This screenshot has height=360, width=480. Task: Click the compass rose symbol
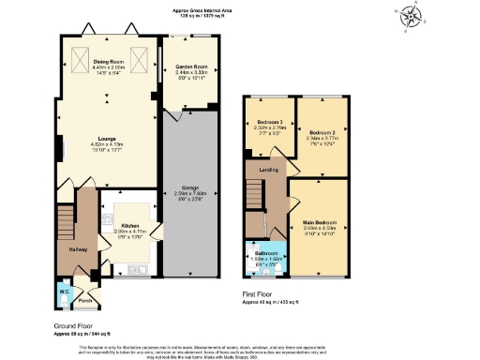click(411, 17)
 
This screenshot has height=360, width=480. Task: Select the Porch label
click(84, 301)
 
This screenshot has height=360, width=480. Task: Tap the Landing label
click(268, 170)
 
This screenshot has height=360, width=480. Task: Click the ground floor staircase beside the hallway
click(66, 223)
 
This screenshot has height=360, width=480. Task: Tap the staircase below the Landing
click(255, 195)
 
